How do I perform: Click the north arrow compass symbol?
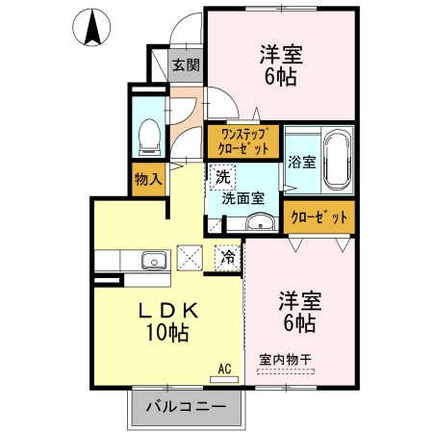92,28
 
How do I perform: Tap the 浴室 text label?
301,163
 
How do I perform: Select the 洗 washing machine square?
222,177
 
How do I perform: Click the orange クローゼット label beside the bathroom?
318,217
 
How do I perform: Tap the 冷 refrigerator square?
228,257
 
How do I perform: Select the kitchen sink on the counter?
154,260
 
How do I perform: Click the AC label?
224,368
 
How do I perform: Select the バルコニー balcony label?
186,407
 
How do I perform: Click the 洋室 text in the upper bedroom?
281,53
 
